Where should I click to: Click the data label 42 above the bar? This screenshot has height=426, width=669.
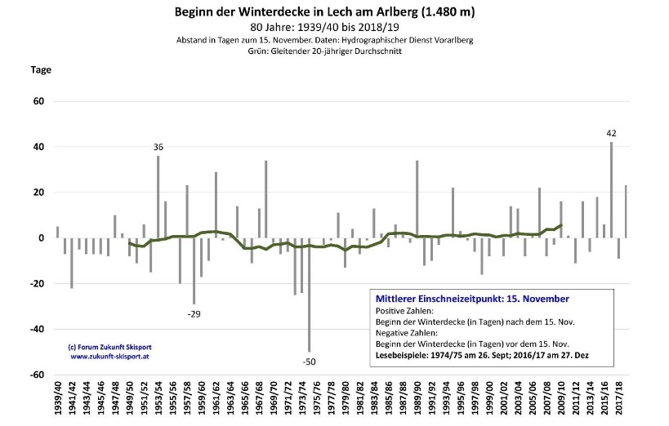[611, 132]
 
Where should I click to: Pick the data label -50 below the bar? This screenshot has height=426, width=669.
[309, 361]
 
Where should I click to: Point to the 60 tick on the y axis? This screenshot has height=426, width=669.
[38, 101]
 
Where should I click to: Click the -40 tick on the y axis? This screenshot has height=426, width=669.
[36, 330]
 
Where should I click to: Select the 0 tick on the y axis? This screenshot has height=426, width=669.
[40, 238]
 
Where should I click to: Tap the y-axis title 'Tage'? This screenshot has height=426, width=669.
[41, 69]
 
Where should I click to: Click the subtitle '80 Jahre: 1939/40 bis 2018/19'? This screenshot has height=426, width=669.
[324, 27]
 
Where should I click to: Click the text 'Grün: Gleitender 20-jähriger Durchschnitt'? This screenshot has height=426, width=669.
[324, 51]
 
